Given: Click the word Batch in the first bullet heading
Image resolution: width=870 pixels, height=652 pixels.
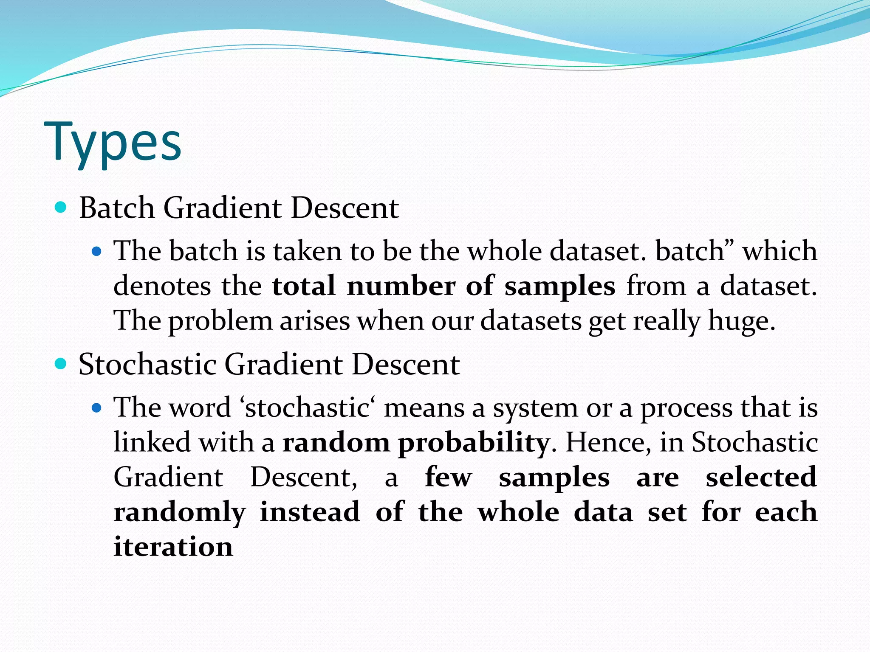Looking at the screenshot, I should pyautogui.click(x=116, y=208).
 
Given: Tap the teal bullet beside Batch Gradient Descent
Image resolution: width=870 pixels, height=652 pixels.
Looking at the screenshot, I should pyautogui.click(x=61, y=208).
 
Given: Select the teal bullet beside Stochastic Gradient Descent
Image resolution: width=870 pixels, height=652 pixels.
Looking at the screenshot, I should pyautogui.click(x=61, y=364).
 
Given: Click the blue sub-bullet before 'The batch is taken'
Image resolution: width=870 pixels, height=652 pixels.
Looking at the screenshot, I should pyautogui.click(x=97, y=252).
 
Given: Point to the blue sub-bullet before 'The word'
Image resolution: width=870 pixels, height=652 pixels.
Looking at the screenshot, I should pyautogui.click(x=97, y=408).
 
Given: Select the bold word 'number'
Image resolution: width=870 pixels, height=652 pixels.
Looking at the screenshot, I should pyautogui.click(x=401, y=286).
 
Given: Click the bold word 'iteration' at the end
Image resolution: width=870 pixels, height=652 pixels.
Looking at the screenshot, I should pyautogui.click(x=173, y=546).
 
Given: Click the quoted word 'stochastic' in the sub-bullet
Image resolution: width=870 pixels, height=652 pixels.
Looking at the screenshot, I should pyautogui.click(x=307, y=408).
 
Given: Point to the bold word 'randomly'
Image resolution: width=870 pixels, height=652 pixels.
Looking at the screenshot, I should pyautogui.click(x=180, y=512).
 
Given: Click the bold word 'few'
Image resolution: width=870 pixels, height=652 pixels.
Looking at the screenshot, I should pyautogui.click(x=448, y=477).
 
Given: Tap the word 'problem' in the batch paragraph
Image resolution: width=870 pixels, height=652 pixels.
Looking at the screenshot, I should pyautogui.click(x=220, y=321).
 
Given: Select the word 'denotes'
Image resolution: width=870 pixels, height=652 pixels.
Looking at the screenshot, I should pyautogui.click(x=162, y=286).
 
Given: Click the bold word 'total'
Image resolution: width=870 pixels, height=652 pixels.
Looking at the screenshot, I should pyautogui.click(x=303, y=286).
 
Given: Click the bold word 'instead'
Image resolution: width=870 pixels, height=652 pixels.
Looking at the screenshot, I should pyautogui.click(x=310, y=511).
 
